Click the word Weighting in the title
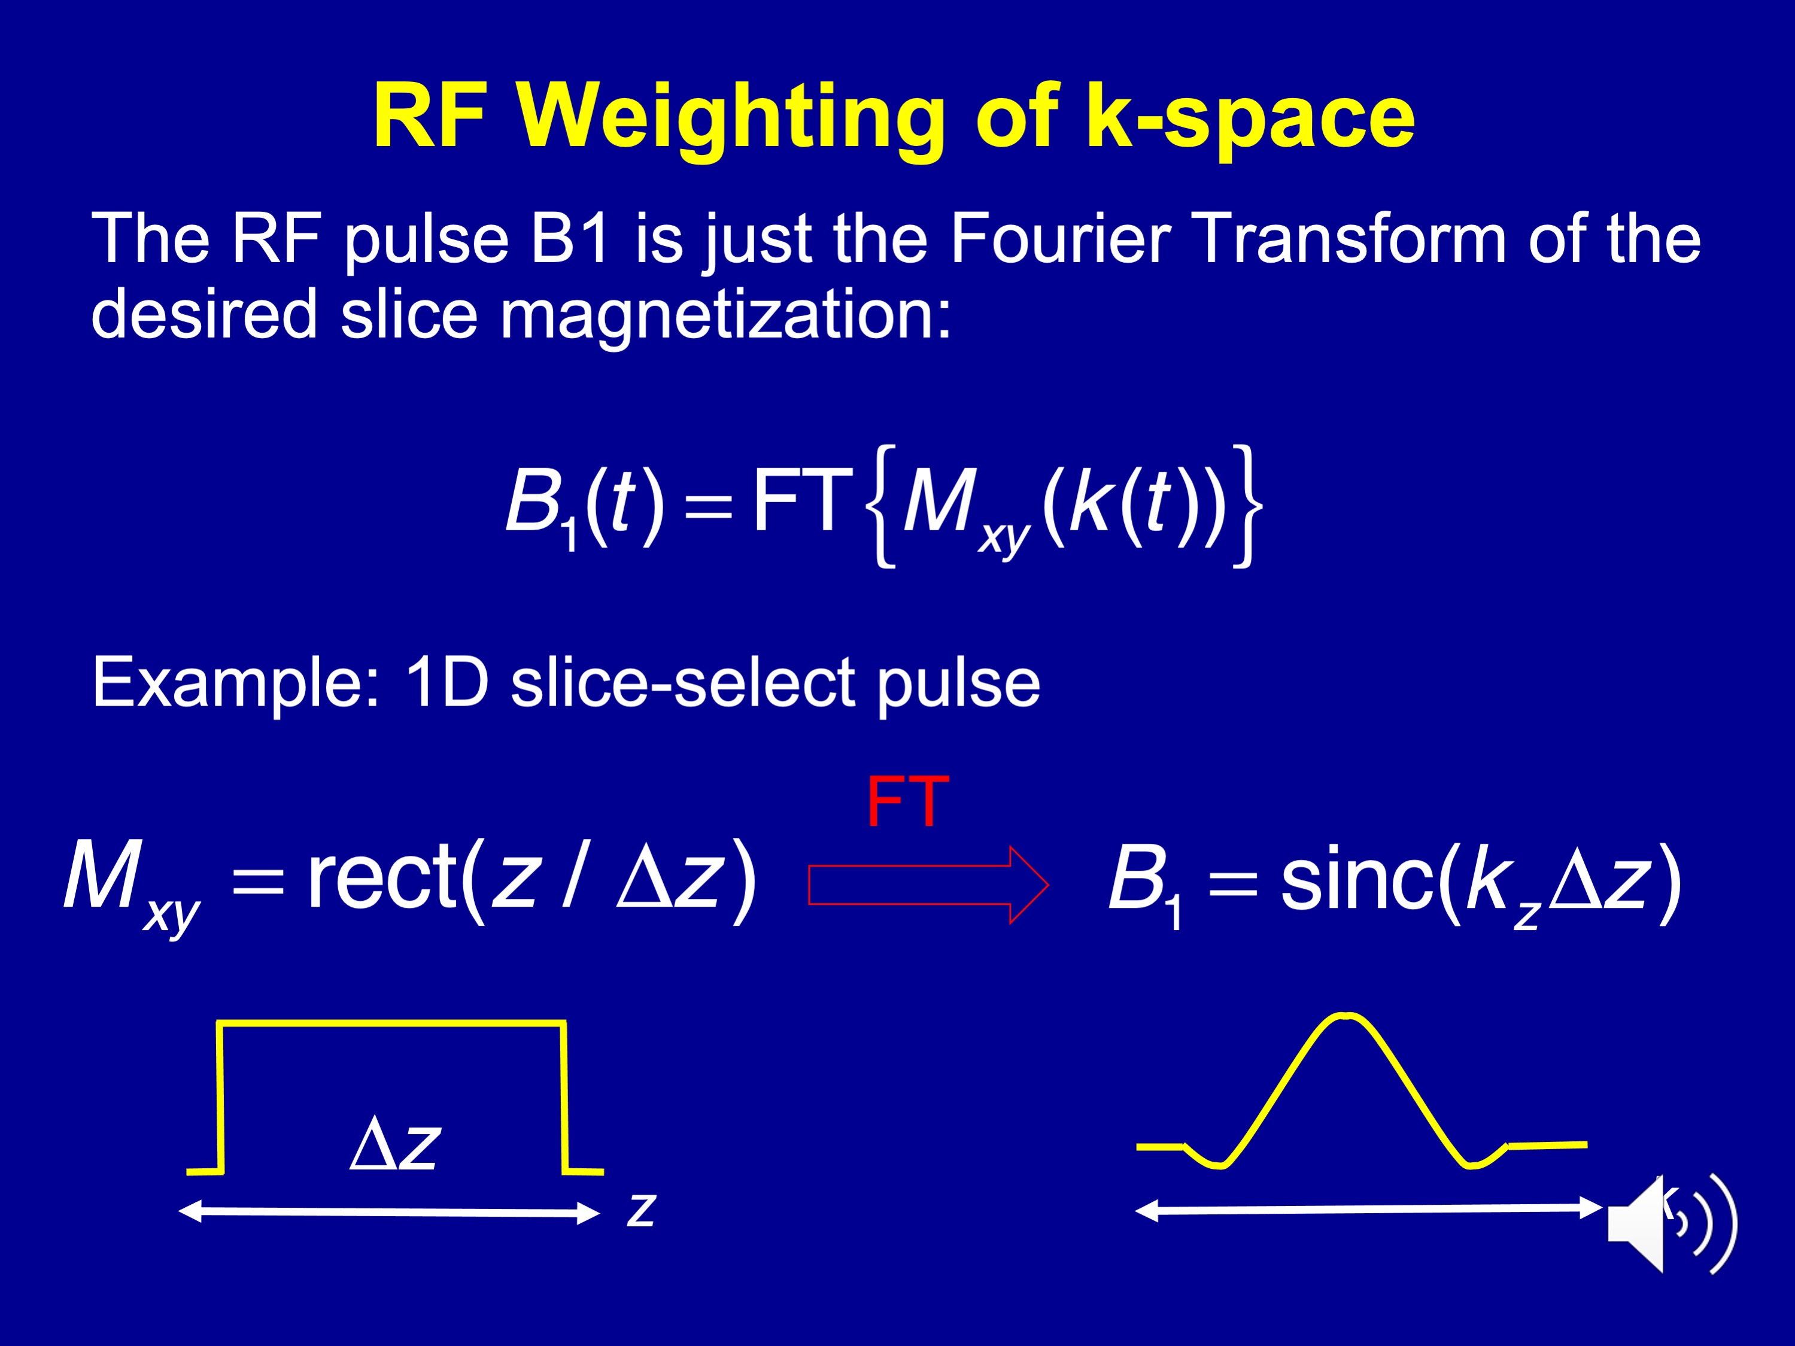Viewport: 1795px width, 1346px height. click(730, 119)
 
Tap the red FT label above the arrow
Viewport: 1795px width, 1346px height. click(907, 801)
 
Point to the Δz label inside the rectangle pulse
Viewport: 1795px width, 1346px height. click(395, 1144)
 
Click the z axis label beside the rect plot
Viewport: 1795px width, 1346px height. click(641, 1210)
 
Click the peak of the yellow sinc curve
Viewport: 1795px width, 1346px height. click(1345, 1015)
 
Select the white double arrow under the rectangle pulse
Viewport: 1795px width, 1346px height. click(388, 1212)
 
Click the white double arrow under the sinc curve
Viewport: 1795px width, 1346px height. click(1369, 1209)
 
